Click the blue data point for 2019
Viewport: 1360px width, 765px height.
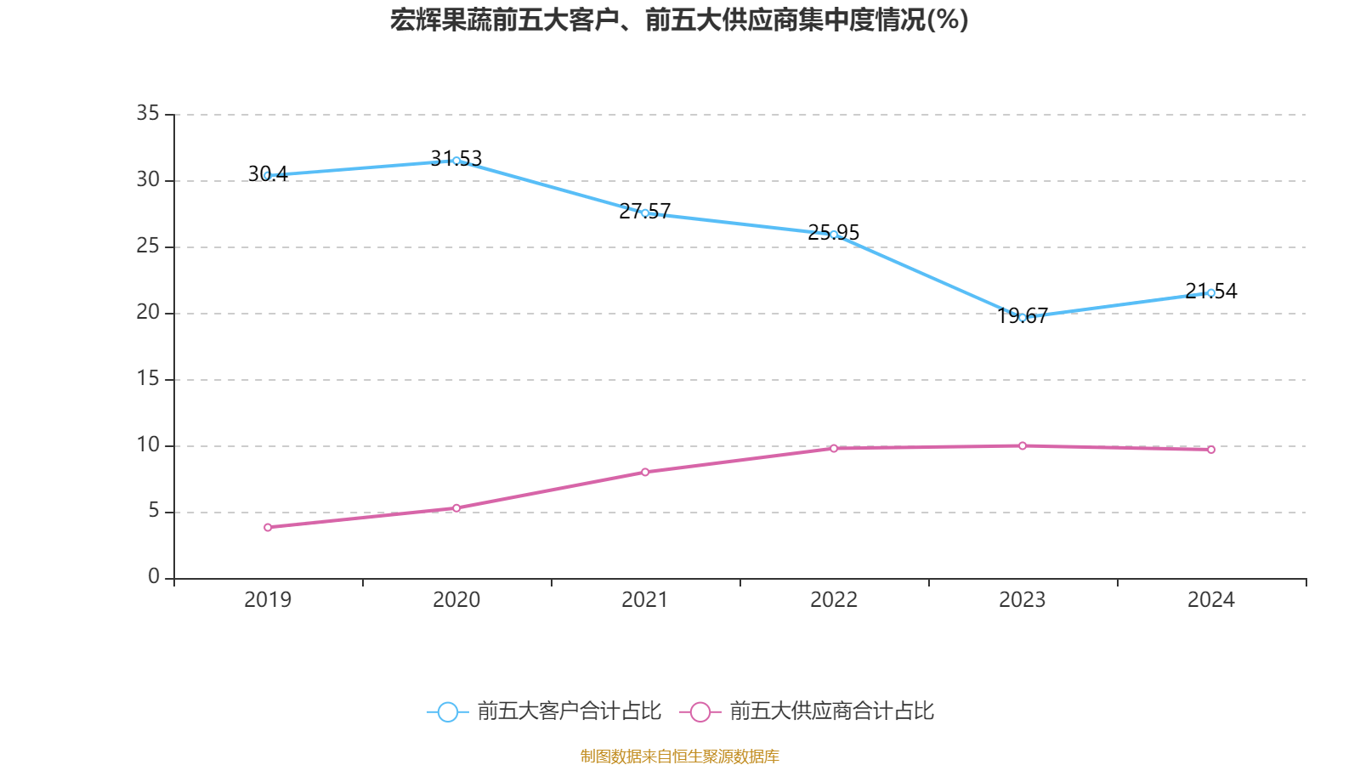click(268, 176)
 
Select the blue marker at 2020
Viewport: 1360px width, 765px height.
click(456, 161)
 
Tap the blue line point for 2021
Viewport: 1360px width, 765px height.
click(645, 213)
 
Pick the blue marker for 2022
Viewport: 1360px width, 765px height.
click(834, 235)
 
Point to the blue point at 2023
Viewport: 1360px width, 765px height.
click(1023, 317)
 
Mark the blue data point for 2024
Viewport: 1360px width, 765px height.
click(1211, 293)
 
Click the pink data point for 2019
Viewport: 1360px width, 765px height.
click(268, 528)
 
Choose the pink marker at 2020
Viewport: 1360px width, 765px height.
click(456, 508)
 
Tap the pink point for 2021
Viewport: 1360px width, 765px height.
click(645, 472)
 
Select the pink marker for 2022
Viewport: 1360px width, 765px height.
click(834, 448)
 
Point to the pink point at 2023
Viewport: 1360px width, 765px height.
click(1023, 445)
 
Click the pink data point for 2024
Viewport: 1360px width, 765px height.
click(1211, 450)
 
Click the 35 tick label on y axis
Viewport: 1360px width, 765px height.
click(148, 113)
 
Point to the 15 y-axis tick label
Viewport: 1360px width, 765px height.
click(148, 378)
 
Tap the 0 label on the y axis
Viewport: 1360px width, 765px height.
click(154, 577)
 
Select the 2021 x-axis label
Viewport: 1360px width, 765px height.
click(645, 600)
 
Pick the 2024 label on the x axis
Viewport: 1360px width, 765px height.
click(1211, 600)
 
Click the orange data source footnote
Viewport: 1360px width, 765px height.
click(680, 756)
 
